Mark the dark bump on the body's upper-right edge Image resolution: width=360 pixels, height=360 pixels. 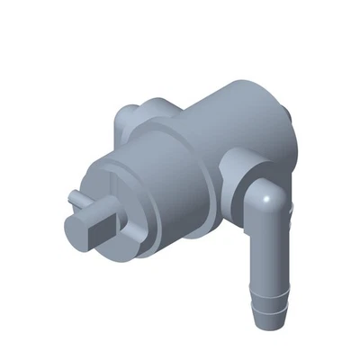tap(287, 114)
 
